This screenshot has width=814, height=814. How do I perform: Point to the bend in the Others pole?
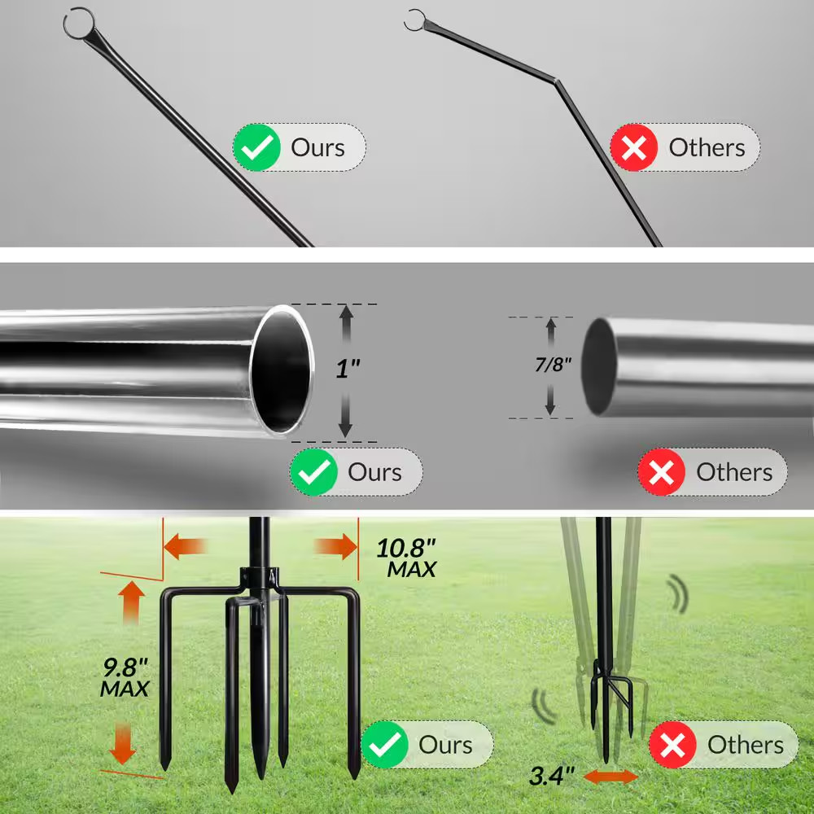tap(556, 80)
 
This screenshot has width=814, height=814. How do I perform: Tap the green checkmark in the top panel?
tap(256, 147)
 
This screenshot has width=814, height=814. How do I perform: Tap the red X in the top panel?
tap(634, 147)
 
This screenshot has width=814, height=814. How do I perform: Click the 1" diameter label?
tap(348, 369)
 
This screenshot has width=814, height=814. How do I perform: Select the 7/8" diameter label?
tap(554, 362)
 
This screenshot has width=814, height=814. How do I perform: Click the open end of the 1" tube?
tap(282, 370)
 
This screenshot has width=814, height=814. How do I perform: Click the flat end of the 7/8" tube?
tap(600, 366)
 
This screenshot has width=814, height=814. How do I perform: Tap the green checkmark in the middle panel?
tap(314, 472)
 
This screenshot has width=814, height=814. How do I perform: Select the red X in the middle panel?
tap(662, 472)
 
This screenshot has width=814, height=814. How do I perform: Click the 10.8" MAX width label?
tap(406, 558)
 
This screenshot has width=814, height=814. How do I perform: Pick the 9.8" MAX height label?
tap(125, 677)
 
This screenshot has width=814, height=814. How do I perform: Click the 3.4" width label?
tap(552, 776)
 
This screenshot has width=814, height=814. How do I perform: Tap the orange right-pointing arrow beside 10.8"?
tap(336, 547)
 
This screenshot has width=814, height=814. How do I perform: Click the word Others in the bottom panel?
tap(745, 744)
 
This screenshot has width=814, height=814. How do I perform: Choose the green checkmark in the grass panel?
tap(384, 744)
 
